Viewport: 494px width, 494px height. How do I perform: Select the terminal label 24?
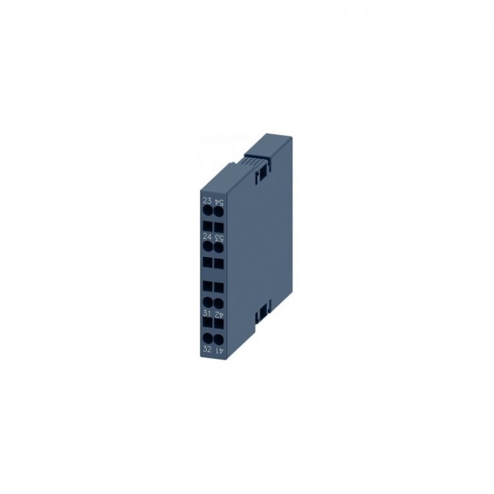207,236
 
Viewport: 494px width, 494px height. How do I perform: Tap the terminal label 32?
207,349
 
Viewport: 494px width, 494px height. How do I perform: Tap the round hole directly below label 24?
207,246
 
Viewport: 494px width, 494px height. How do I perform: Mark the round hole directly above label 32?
207,339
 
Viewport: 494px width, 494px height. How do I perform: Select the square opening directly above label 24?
207,225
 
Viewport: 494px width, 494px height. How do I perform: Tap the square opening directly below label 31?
207,325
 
